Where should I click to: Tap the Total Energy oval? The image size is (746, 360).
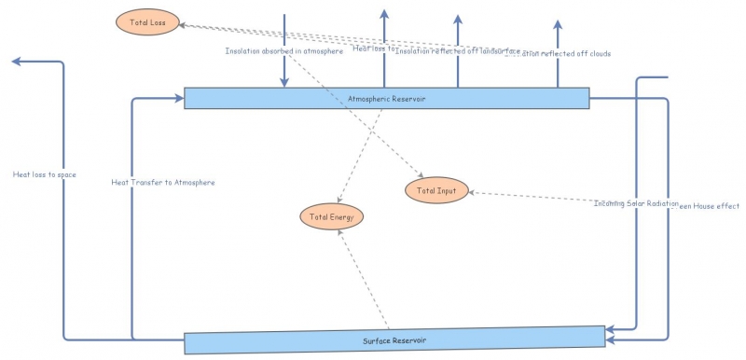tap(331, 216)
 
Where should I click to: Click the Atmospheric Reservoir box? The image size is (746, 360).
tap(386, 98)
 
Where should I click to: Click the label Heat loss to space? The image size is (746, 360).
tap(44, 174)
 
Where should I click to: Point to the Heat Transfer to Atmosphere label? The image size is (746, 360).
tap(163, 183)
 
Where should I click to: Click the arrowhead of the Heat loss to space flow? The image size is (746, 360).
tap(16, 62)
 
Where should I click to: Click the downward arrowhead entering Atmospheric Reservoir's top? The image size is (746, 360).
tap(285, 83)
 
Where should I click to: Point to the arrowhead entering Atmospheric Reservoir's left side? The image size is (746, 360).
tap(178, 97)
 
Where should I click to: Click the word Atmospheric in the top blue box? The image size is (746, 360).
tap(371, 98)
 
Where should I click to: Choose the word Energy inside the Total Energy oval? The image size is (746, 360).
tap(341, 216)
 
